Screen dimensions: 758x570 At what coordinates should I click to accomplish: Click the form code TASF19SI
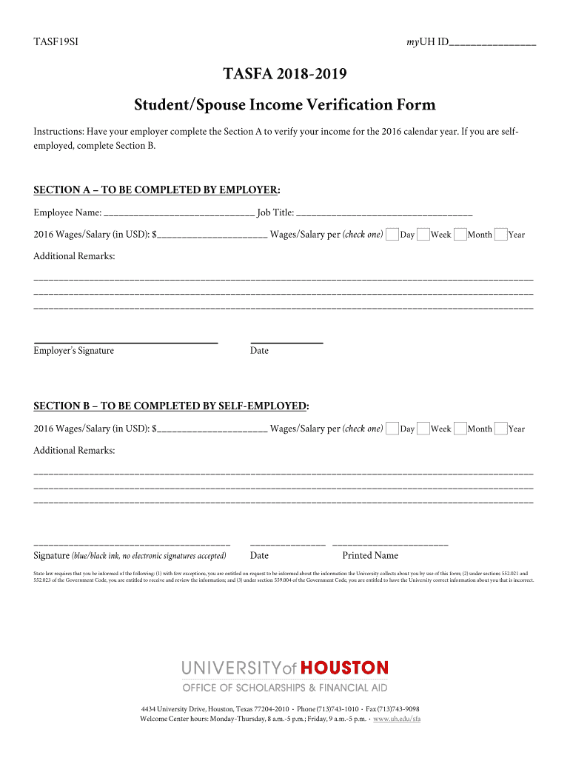click(x=56, y=42)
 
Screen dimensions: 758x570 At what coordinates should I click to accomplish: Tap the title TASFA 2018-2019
click(x=285, y=75)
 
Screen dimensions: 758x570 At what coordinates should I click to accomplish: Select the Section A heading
click(x=157, y=189)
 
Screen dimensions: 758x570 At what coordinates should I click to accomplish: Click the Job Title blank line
click(x=384, y=214)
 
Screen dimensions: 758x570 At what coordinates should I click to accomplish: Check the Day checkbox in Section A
click(x=392, y=235)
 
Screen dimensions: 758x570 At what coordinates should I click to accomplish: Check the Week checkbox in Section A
click(x=423, y=235)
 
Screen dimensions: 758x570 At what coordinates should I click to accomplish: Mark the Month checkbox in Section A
click(x=460, y=235)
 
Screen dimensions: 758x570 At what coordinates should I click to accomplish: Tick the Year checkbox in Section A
click(x=500, y=235)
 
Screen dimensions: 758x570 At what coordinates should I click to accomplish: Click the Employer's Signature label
click(x=74, y=351)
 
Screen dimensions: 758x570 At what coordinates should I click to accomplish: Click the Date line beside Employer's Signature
click(x=286, y=342)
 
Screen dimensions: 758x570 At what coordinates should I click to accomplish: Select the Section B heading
click(x=172, y=406)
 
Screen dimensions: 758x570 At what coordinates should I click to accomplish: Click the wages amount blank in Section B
click(x=212, y=429)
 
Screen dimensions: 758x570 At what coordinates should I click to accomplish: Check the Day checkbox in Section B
click(x=392, y=429)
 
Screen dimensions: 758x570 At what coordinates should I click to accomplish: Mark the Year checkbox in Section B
click(x=500, y=429)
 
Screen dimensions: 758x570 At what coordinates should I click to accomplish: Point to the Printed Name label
click(x=369, y=556)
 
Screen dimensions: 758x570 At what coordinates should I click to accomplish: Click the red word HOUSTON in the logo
click(x=343, y=668)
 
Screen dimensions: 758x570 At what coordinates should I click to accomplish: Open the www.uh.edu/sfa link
click(x=397, y=720)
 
